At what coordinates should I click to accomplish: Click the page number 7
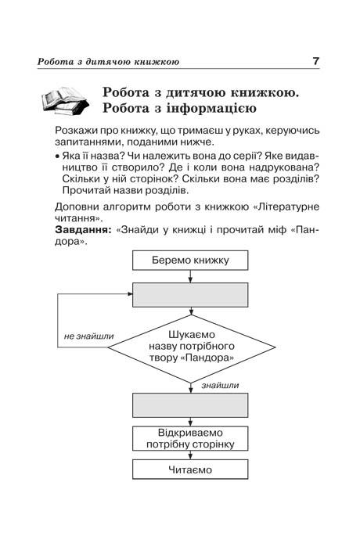pos(315,61)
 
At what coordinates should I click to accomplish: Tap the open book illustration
pos(65,101)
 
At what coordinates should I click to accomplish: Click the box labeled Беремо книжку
pos(190,261)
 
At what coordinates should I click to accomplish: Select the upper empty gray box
pos(190,295)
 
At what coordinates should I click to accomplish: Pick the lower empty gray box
pos(190,405)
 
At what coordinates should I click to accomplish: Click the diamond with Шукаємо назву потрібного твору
pos(191,347)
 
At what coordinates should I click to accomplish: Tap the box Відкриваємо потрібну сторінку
pos(190,438)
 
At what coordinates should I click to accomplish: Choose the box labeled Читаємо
pos(190,469)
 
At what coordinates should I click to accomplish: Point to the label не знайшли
pos(88,336)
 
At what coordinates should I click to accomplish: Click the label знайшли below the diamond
pos(220,386)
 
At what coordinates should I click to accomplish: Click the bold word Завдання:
pos(83,229)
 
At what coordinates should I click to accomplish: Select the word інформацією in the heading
pos(211,109)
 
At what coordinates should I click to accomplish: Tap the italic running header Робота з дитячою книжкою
pos(108,62)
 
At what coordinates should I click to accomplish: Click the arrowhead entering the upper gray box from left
pos(130,294)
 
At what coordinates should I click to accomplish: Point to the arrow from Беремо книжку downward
pos(190,276)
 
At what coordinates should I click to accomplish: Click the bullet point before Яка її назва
pos(57,156)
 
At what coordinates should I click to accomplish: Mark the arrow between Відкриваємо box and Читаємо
pos(190,455)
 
